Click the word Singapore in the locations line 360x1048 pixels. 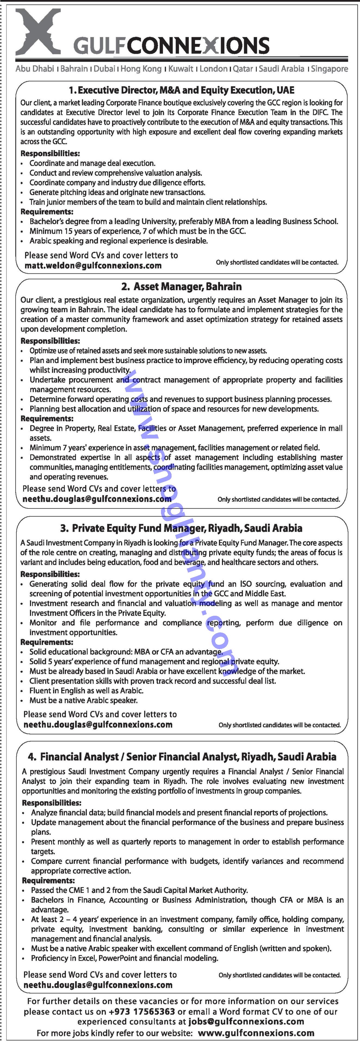[x=330, y=69]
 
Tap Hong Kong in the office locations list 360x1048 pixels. [x=141, y=69]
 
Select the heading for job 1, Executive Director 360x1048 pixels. [x=181, y=90]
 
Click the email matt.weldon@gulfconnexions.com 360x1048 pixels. [x=93, y=266]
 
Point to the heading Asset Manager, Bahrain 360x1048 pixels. [x=181, y=287]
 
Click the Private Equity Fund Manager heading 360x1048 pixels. [x=181, y=528]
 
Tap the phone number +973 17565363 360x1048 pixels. [x=142, y=1011]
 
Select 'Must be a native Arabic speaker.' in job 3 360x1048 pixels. [x=83, y=700]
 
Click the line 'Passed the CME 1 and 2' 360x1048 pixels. [x=139, y=890]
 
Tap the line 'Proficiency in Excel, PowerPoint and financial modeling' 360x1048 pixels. [x=125, y=958]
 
